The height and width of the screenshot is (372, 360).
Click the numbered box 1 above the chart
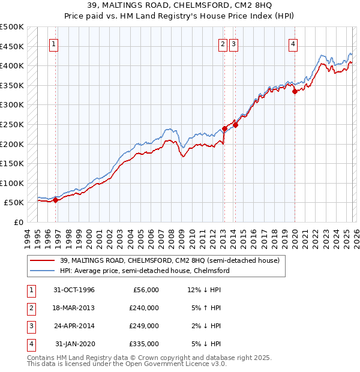tap(54, 43)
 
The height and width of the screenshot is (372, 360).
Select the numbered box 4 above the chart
tap(293, 43)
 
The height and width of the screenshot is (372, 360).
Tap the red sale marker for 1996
tap(55, 200)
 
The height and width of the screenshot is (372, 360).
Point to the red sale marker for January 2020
tap(295, 91)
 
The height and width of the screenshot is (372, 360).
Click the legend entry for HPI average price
tap(144, 271)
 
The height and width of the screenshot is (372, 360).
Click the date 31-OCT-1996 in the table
tap(74, 290)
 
